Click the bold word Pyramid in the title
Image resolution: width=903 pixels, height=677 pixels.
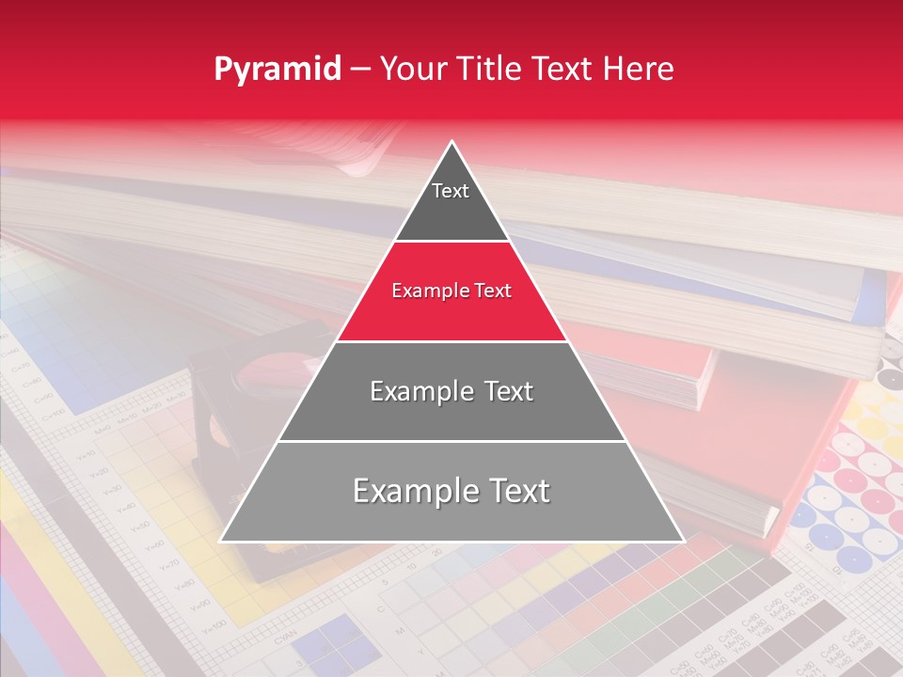(277, 70)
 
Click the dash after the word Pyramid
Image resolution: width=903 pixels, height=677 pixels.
(360, 70)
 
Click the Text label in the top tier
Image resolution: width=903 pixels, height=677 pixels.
(451, 191)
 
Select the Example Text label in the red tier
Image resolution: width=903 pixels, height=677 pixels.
(451, 291)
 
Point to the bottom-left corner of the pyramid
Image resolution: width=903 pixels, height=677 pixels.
(222, 541)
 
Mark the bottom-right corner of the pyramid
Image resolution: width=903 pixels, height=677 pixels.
(682, 541)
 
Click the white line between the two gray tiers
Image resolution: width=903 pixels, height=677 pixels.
(451, 441)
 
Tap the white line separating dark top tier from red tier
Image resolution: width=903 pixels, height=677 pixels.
(451, 241)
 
